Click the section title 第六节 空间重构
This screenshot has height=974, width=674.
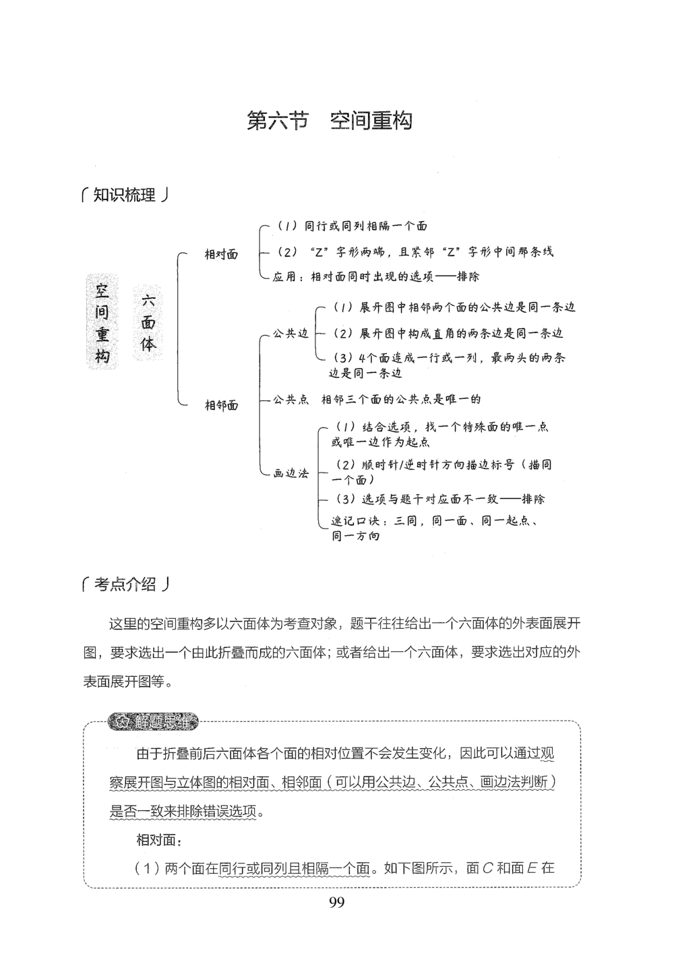point(330,121)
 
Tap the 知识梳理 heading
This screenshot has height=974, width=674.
point(124,196)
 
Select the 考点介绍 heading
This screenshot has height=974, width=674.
point(124,585)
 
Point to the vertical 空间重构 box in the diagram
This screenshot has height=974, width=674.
point(102,323)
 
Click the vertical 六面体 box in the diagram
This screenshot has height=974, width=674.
point(148,323)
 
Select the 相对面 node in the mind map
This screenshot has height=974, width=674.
point(221,255)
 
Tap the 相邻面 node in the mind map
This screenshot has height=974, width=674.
point(221,405)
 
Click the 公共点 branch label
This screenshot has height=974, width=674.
point(290,399)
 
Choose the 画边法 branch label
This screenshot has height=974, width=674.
point(290,474)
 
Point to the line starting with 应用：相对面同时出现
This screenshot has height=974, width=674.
point(376,276)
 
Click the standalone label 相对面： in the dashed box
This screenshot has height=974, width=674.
point(159,840)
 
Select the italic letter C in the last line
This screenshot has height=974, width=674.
point(488,868)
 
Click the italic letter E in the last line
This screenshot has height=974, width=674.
point(531,868)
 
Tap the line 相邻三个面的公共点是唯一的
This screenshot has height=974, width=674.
point(401,399)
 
